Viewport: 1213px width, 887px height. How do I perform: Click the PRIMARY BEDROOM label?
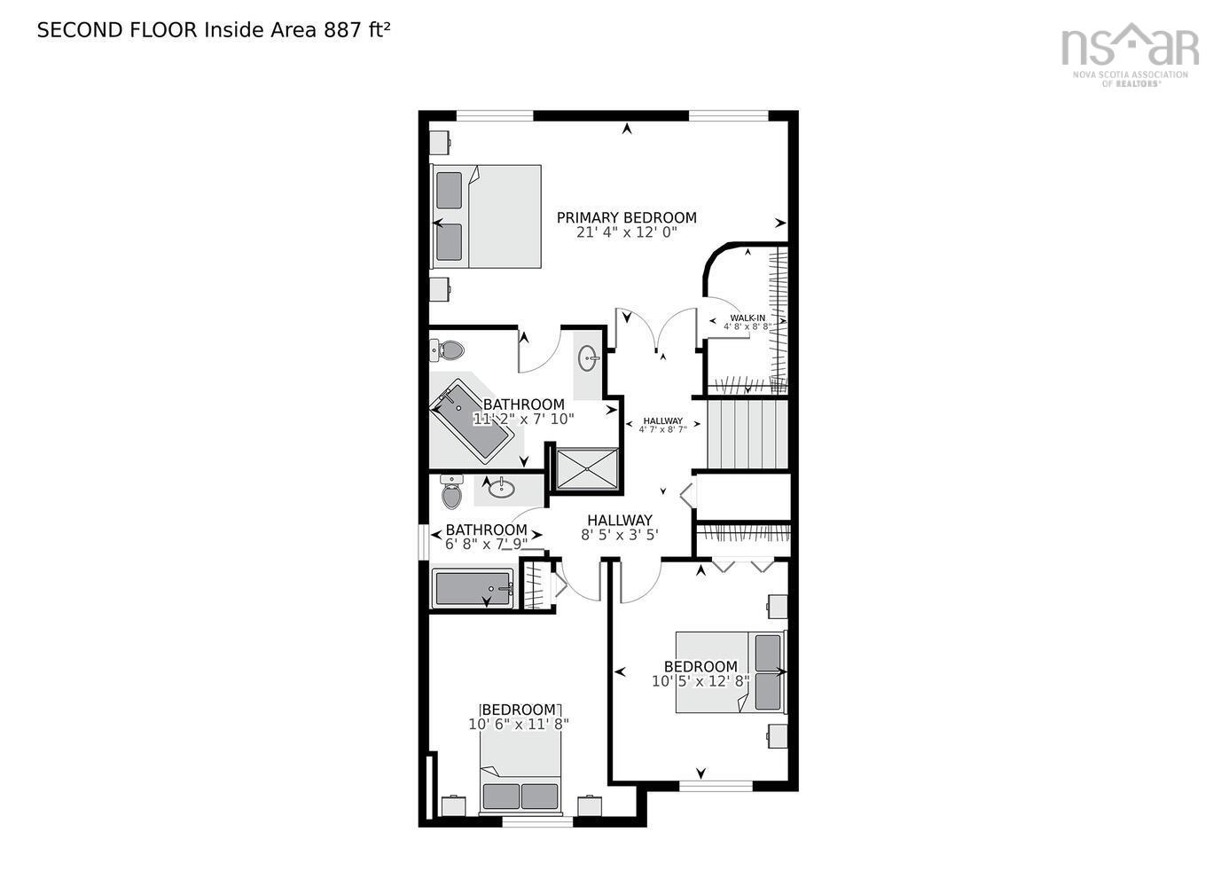pyautogui.click(x=626, y=217)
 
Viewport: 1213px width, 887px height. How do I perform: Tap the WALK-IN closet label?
pyautogui.click(x=747, y=318)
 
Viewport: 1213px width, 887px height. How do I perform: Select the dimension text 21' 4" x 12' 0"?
pyautogui.click(x=626, y=232)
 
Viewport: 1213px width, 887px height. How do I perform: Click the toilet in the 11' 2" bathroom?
pyautogui.click(x=448, y=350)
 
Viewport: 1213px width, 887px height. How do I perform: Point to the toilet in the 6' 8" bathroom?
pyautogui.click(x=452, y=492)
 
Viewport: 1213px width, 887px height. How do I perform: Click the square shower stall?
pyautogui.click(x=587, y=467)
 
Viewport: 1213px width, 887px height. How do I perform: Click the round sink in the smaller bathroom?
pyautogui.click(x=501, y=487)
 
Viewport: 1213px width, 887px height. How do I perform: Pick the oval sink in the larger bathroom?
pyautogui.click(x=588, y=359)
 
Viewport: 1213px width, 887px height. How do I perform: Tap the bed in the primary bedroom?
pyautogui.click(x=487, y=216)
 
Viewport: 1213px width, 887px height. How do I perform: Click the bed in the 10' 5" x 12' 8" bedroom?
pyautogui.click(x=731, y=671)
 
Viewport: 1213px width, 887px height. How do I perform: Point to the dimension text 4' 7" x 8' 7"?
pyautogui.click(x=662, y=429)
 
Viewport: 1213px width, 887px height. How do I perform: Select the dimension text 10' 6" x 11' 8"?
pyautogui.click(x=519, y=724)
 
